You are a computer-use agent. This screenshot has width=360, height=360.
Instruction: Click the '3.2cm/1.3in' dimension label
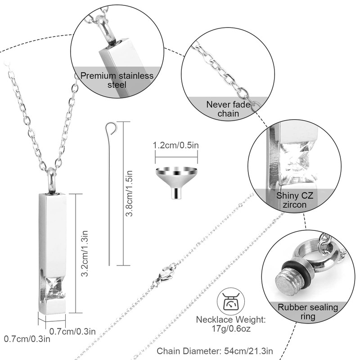click(89, 253)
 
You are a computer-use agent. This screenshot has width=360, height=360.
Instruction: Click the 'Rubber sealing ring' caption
click(308, 312)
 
